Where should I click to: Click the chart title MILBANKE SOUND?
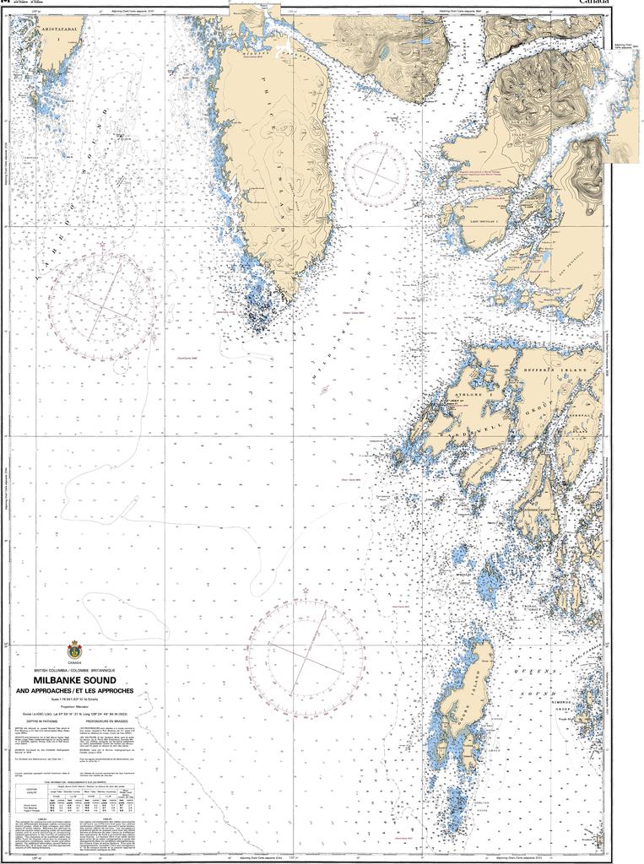75,680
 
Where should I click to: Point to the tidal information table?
75,797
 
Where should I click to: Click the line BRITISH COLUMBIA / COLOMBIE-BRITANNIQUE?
75,670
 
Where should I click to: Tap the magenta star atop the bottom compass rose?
306,591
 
